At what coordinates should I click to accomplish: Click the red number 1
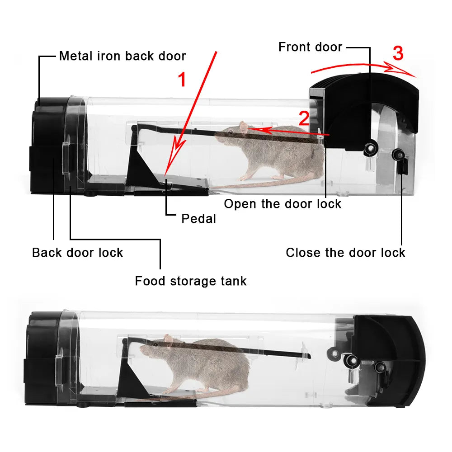click(182, 80)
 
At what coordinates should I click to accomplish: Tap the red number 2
click(304, 118)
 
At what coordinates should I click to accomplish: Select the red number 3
click(398, 54)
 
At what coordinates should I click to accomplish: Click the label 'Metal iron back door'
click(122, 56)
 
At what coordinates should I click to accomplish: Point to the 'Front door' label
click(310, 47)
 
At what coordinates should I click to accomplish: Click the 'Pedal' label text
click(198, 219)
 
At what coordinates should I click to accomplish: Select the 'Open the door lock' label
click(282, 204)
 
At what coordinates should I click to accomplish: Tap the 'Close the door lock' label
click(345, 253)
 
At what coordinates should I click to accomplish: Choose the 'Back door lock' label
click(77, 253)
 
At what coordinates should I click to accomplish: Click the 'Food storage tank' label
click(191, 281)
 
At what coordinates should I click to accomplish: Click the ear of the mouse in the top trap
click(245, 127)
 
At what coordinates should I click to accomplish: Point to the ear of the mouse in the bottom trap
click(169, 340)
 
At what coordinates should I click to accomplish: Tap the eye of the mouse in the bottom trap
click(155, 345)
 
